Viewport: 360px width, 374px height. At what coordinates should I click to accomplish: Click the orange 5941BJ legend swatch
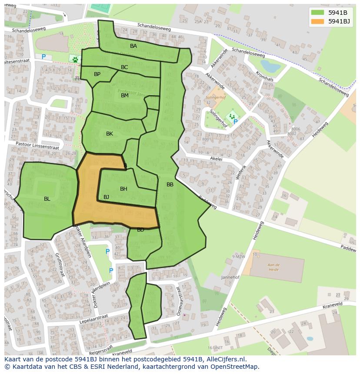(x=318, y=21)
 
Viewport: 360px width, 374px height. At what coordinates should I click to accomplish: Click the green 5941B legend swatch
(x=318, y=13)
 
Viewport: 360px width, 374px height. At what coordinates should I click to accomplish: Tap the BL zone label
(x=47, y=199)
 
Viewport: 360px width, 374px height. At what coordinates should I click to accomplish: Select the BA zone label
(x=133, y=46)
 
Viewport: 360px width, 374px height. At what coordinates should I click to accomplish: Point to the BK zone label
(x=110, y=134)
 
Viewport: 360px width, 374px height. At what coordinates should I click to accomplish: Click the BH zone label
(x=123, y=189)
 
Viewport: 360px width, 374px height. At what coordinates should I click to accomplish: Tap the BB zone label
(x=170, y=185)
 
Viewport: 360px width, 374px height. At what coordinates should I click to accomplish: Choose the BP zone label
(x=97, y=74)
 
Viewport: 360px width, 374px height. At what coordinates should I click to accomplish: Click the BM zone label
(x=125, y=96)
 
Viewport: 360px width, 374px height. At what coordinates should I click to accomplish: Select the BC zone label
(x=124, y=67)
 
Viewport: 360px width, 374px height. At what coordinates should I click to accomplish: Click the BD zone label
(x=140, y=230)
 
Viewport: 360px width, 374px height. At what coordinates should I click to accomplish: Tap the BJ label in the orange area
(x=106, y=197)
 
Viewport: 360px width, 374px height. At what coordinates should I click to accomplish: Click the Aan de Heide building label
(x=273, y=267)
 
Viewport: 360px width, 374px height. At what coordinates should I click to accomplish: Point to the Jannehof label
(x=230, y=277)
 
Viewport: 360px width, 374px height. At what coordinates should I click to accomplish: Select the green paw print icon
(x=75, y=58)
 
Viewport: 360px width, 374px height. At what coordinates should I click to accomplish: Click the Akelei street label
(x=216, y=159)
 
